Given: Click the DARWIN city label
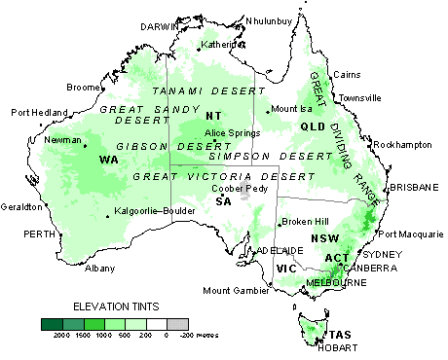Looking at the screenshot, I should [x=162, y=26].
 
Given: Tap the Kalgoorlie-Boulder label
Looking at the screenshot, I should [x=149, y=211].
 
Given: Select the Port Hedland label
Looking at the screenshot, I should [x=39, y=113].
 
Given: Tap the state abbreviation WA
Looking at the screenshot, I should [x=109, y=159].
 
